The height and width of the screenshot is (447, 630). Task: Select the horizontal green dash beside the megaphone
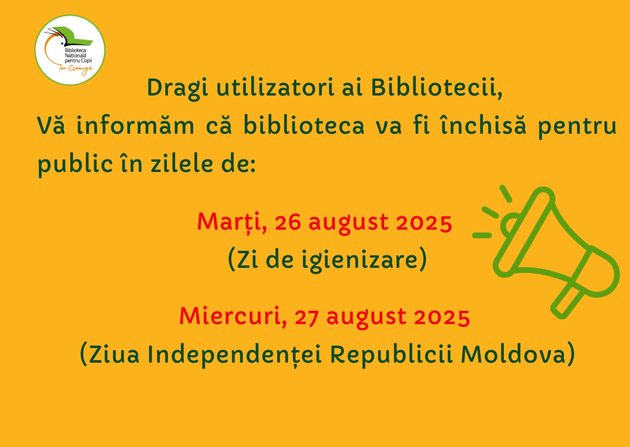click(482, 235)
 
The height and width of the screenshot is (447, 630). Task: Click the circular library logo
click(70, 50)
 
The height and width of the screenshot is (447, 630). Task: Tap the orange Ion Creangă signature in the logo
click(76, 69)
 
